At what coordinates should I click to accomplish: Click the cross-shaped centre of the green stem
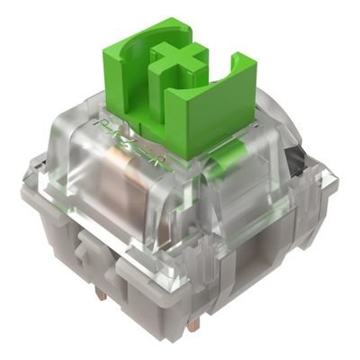coord(180,61)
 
